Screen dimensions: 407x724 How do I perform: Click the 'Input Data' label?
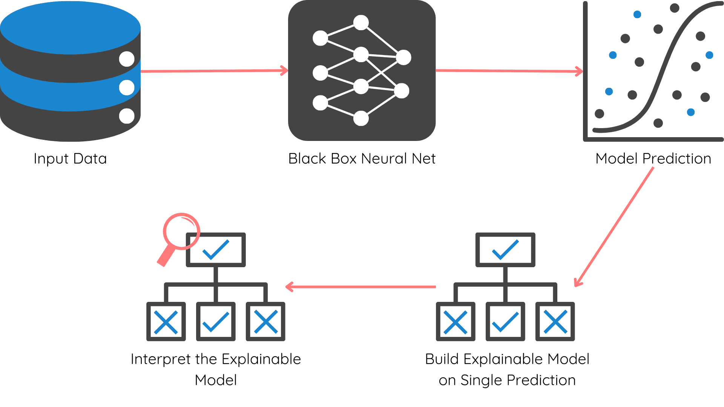(x=70, y=159)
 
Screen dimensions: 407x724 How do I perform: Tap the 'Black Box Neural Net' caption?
(x=362, y=159)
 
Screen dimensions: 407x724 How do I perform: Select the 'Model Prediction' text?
(x=653, y=159)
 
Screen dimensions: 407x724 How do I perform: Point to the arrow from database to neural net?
(x=213, y=71)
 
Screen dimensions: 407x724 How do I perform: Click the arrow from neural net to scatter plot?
(x=509, y=71)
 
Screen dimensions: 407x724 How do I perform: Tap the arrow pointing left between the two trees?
(x=360, y=287)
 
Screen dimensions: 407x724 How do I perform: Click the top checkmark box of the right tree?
(x=505, y=249)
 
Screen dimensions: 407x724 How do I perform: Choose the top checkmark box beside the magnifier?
(x=216, y=249)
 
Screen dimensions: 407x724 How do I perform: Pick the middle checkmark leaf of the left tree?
(x=216, y=321)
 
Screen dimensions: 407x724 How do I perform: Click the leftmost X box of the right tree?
(x=456, y=321)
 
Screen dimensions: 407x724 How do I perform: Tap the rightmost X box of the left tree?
(x=265, y=321)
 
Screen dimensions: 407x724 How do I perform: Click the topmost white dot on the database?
(x=127, y=59)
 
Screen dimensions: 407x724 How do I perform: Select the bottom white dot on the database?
(x=127, y=116)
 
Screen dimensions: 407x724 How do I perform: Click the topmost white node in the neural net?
(x=361, y=23)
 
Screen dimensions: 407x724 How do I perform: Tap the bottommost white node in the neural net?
(x=361, y=118)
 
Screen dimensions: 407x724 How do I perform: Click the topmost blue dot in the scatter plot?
(x=637, y=15)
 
